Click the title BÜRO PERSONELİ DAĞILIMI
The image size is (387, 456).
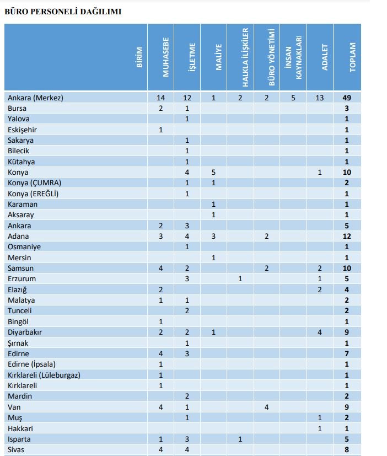[63, 11]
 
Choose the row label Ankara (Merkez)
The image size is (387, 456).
[36, 98]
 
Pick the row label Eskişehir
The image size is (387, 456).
[22, 130]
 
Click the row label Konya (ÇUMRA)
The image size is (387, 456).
[34, 183]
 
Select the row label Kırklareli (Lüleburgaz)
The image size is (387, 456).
[44, 375]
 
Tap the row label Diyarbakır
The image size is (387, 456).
[25, 332]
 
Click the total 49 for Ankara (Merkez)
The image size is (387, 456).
[347, 98]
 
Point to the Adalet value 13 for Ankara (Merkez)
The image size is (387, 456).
[320, 98]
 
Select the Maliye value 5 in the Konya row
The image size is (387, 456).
[213, 173]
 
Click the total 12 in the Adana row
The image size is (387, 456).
[347, 237]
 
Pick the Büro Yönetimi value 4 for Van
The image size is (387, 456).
[266, 407]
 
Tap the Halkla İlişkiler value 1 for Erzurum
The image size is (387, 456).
[240, 279]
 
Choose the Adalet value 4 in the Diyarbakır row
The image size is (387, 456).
[320, 332]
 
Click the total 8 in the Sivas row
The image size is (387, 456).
[347, 450]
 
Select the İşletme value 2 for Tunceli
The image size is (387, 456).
[187, 311]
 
